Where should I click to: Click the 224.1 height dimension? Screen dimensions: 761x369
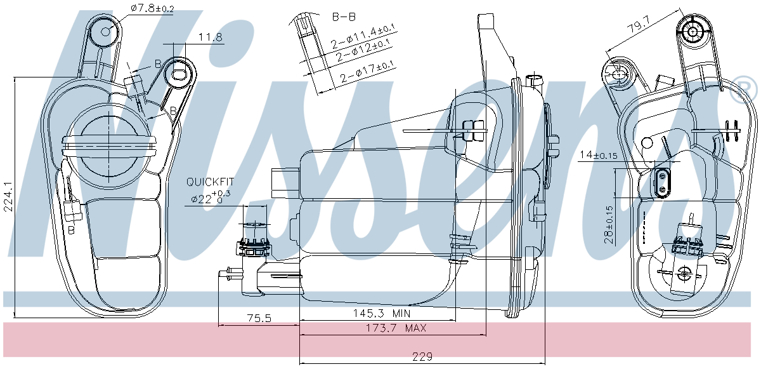tap(8, 197)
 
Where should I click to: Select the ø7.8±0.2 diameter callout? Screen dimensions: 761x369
tap(152, 8)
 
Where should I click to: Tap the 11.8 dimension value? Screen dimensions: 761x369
tap(211, 37)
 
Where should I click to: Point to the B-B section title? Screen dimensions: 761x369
tap(344, 17)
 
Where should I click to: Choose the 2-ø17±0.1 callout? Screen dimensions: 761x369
tap(368, 73)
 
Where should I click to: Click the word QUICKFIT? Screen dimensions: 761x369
tap(210, 182)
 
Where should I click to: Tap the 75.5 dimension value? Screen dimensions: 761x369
tap(259, 318)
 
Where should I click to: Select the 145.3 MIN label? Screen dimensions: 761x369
tap(382, 313)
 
